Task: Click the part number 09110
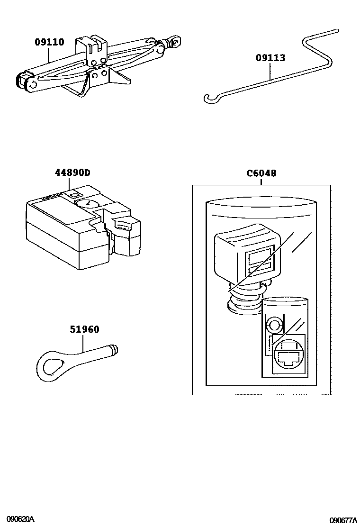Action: (49, 42)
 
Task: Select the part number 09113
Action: (270, 58)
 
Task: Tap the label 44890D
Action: (71, 173)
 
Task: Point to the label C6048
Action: (261, 173)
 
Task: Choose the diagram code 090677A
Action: (343, 520)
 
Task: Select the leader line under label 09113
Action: (270, 72)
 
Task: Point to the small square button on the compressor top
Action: (74, 194)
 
